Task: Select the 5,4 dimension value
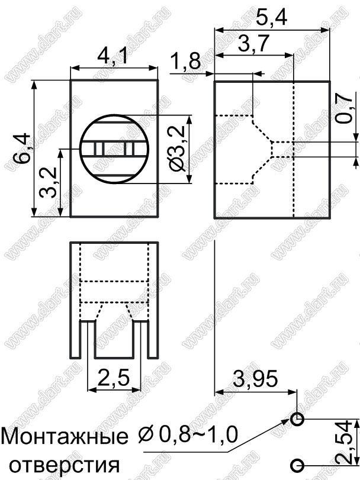[x=272, y=18]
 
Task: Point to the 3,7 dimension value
[x=253, y=44]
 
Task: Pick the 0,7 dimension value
[x=346, y=108]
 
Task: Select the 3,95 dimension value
[x=255, y=378]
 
